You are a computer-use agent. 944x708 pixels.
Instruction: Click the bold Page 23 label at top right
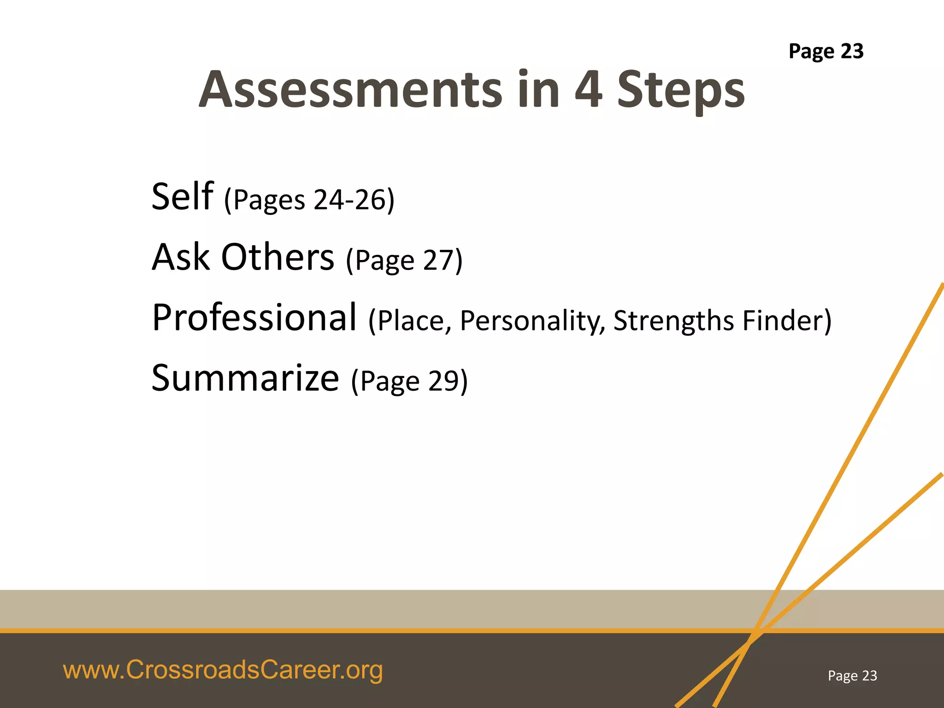click(x=826, y=51)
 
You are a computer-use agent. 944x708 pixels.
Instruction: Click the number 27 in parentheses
click(x=439, y=260)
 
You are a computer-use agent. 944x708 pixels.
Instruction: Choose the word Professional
click(x=254, y=318)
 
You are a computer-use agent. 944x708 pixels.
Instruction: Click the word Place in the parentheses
click(x=411, y=321)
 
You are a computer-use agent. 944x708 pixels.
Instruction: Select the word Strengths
click(x=673, y=321)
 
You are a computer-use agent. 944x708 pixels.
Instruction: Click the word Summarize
click(x=245, y=378)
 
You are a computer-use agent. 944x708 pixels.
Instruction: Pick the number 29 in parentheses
click(x=444, y=381)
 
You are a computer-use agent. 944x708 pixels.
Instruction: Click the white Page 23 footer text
click(x=852, y=676)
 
